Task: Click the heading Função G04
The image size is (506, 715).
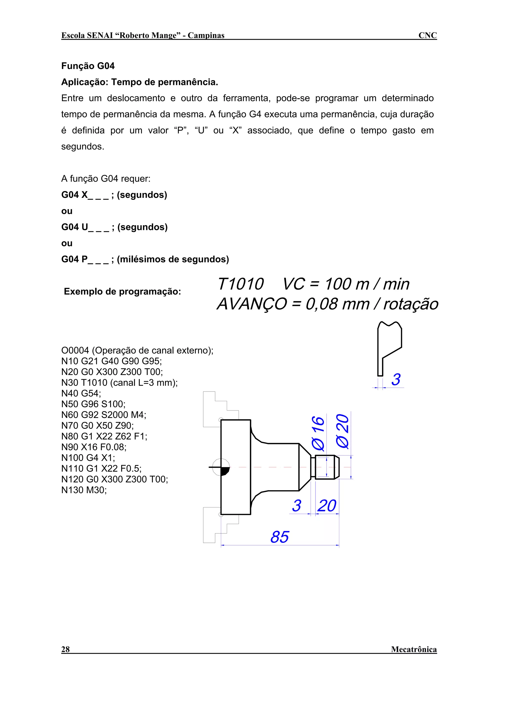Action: point(88,66)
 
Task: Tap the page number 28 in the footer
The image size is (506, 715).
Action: point(65,649)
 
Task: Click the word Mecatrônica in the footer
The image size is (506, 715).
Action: point(414,649)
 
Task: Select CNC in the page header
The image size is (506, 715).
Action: point(427,36)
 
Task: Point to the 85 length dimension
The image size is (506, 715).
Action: point(280,537)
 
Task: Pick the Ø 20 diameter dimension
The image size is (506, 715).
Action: point(343,431)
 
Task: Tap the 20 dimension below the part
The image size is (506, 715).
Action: point(327,506)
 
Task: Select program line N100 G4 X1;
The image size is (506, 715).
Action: point(88,458)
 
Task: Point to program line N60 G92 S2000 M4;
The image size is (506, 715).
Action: point(104,415)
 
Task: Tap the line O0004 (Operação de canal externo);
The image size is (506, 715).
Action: point(137,350)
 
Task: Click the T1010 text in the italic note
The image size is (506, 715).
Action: point(240,284)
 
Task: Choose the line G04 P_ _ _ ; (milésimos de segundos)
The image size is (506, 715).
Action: point(145,259)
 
